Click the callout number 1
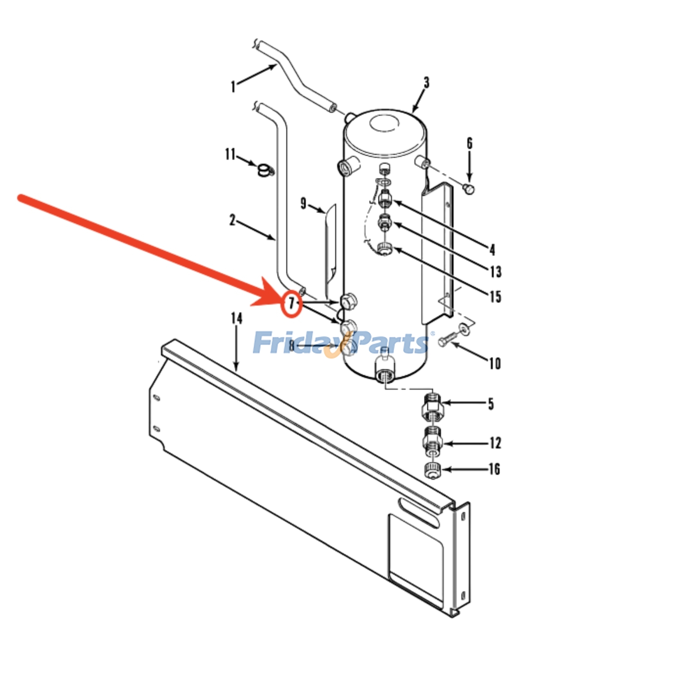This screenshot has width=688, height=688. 233,86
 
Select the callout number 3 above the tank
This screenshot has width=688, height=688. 426,83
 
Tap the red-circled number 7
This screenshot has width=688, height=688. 292,304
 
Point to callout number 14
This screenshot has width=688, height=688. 236,318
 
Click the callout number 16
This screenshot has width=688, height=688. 494,469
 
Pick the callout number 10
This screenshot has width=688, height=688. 495,364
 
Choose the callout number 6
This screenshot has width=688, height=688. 470,143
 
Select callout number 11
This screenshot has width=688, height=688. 230,154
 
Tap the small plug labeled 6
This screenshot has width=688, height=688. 469,188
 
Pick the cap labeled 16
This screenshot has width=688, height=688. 433,470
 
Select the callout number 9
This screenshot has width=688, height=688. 304,203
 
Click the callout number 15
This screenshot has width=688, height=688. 495,296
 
